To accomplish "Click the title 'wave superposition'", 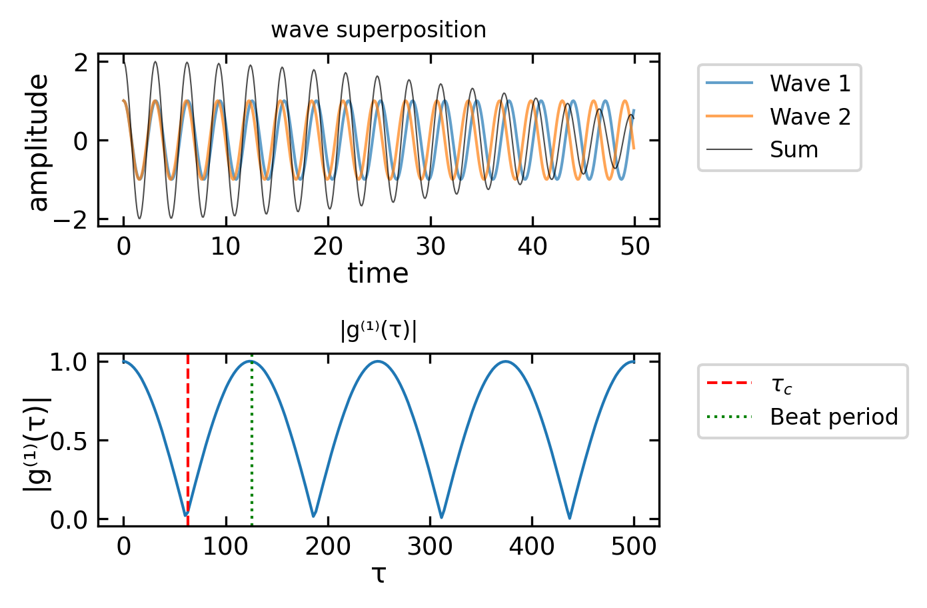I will click(378, 30).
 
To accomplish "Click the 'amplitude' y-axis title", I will click(38, 142).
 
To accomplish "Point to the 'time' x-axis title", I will click(378, 273).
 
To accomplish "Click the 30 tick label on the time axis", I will click(431, 247).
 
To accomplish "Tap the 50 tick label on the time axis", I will click(634, 247).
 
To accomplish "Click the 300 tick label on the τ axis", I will click(430, 547).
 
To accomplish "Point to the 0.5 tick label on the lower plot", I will click(70, 441).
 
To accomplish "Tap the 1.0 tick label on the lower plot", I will click(70, 362).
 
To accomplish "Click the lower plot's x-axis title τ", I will click(379, 573).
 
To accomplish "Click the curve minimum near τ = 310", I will click(441, 517).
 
